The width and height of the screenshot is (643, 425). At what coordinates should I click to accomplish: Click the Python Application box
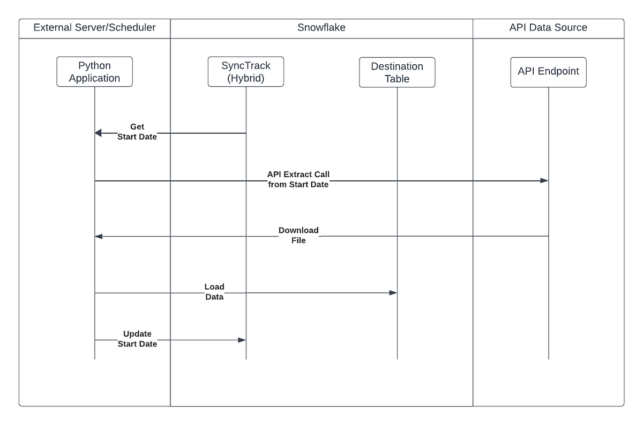click(x=95, y=72)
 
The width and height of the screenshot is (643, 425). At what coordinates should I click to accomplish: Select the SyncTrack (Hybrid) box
click(x=246, y=72)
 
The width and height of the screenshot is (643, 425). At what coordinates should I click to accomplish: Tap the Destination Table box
click(x=397, y=72)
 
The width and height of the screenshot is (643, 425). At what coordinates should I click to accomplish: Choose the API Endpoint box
click(x=548, y=72)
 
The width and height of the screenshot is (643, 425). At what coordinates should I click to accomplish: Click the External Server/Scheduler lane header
click(x=95, y=28)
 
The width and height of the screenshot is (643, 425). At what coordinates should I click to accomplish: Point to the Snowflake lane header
click(x=322, y=28)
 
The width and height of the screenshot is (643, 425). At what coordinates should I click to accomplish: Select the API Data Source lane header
click(x=548, y=28)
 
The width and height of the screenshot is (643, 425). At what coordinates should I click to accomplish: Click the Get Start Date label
click(x=137, y=132)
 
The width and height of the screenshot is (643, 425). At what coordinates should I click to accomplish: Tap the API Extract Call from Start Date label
click(x=298, y=180)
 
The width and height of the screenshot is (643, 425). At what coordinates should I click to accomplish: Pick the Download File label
click(x=298, y=236)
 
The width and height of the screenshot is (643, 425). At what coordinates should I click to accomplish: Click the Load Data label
click(x=214, y=292)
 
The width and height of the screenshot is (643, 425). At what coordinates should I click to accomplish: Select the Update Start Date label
click(x=137, y=339)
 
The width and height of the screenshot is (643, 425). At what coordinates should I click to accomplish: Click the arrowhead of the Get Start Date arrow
click(x=98, y=133)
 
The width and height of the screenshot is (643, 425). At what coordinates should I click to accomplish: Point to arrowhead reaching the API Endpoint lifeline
click(x=544, y=181)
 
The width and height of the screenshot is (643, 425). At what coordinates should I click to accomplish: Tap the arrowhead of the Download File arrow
click(x=98, y=236)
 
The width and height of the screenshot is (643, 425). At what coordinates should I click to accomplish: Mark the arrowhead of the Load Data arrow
click(x=393, y=293)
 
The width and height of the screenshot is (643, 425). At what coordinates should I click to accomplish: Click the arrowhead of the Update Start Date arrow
click(x=242, y=340)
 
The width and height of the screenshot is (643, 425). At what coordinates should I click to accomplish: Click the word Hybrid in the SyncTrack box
click(x=246, y=78)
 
